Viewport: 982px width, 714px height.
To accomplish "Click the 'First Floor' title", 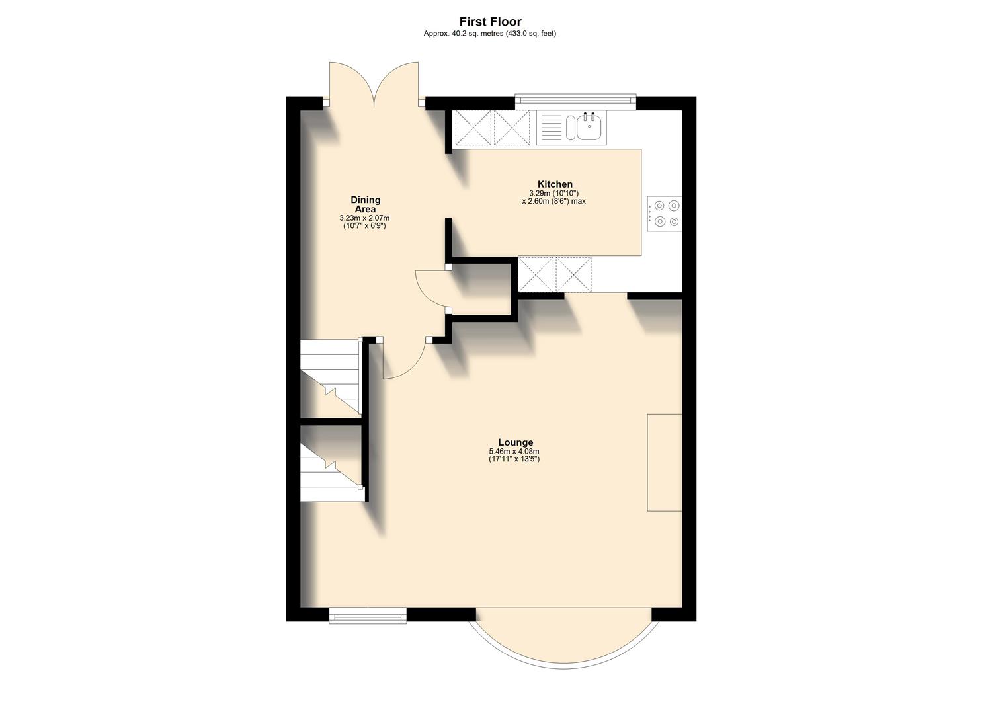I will [x=490, y=22].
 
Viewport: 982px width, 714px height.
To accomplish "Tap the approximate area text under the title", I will [x=490, y=34].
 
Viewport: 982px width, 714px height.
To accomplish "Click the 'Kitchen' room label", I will [x=555, y=184].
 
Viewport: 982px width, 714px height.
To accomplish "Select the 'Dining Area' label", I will [x=365, y=204].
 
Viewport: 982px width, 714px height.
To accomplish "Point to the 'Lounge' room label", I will [x=515, y=442].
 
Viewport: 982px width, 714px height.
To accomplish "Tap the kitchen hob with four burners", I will [x=665, y=214].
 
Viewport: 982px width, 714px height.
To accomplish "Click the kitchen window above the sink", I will [x=575, y=100].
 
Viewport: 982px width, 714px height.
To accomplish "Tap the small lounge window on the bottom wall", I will [x=368, y=616].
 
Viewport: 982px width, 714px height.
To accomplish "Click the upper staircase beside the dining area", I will [x=330, y=377].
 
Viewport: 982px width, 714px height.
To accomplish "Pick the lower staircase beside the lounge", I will [x=330, y=463].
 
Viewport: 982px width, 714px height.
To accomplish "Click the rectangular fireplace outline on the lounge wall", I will [x=664, y=462].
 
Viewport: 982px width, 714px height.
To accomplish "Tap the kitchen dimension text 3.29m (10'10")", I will [x=554, y=193].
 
